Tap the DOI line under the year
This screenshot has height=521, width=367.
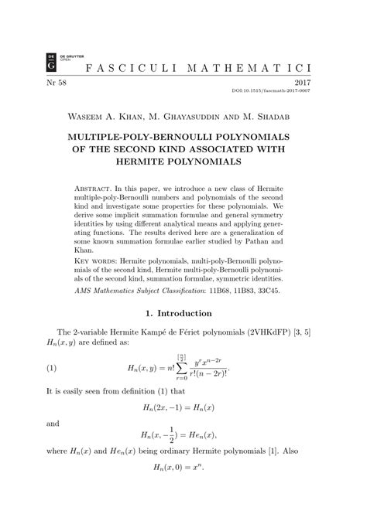(297, 91)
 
